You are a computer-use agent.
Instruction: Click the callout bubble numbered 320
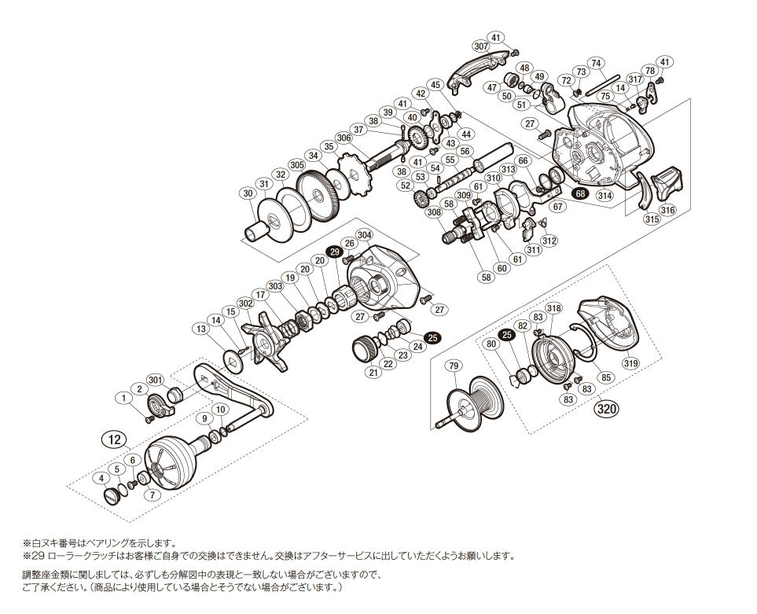point(606,409)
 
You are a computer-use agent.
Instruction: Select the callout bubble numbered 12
point(115,439)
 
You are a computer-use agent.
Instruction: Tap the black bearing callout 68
point(581,193)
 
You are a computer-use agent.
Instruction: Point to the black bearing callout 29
point(334,252)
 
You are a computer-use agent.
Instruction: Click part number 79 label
point(454,366)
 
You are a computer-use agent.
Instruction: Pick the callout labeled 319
point(630,363)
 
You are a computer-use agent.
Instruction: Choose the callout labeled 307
point(481,46)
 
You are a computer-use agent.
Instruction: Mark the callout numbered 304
point(364,234)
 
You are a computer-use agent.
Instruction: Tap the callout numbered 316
point(667,210)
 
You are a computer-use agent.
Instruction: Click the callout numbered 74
point(596,63)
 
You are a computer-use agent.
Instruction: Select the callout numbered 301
point(156,381)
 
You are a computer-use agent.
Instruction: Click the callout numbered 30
point(248,193)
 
